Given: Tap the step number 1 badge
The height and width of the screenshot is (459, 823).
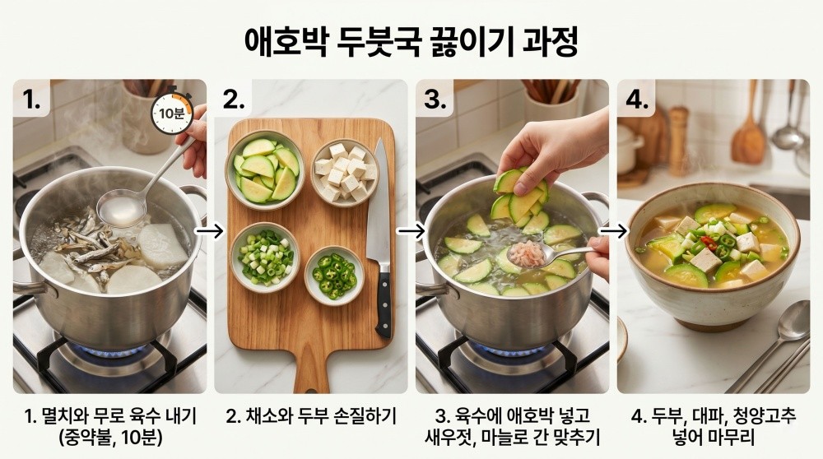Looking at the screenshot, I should [32, 100].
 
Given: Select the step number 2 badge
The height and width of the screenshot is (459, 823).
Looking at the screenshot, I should [235, 100].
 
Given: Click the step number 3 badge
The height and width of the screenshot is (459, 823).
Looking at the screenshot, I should [435, 100].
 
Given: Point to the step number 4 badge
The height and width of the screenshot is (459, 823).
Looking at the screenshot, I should [637, 100].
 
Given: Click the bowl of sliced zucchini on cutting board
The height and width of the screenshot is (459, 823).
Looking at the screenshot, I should [266, 169].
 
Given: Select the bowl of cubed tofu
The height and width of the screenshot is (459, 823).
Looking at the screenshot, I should [344, 171].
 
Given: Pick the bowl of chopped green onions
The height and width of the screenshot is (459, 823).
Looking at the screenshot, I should [266, 257].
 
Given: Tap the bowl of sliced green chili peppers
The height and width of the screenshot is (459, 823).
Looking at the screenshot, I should [335, 275].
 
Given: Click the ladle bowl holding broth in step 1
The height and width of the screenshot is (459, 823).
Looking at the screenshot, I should [122, 208].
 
